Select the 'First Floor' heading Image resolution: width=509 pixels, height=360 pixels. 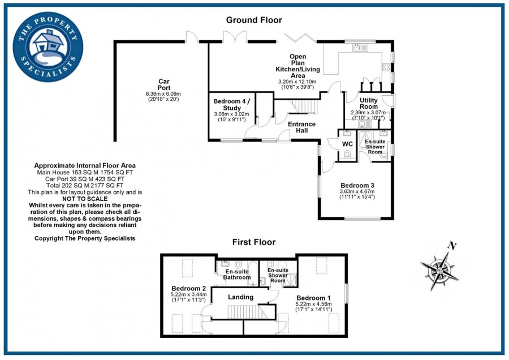[254, 242]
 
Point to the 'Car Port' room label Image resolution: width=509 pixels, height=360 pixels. [163, 84]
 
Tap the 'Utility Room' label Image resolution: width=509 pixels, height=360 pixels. [368, 104]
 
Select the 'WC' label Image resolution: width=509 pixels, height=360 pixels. [348, 144]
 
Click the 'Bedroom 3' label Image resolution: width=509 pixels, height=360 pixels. [357, 185]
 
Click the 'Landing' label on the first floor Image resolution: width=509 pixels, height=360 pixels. [240, 297]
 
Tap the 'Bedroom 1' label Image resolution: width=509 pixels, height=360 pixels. [313, 298]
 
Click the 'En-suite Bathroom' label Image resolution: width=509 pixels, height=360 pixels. [236, 275]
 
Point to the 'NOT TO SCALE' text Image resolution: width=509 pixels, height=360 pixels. [85, 199]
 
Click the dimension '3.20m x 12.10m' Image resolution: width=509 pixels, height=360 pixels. [297, 82]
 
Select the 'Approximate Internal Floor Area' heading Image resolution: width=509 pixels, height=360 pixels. [85, 165]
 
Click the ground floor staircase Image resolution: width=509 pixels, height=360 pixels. [306, 106]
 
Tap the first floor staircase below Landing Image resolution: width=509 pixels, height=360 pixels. [244, 312]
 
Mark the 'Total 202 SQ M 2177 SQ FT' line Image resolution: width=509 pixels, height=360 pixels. [85, 185]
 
